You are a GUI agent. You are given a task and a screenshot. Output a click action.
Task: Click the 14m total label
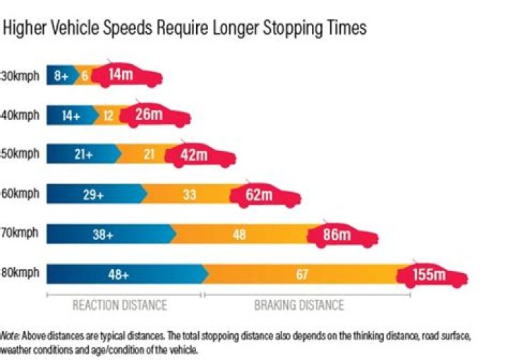click(x=120, y=73)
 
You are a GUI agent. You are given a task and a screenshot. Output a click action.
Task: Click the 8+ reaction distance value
click(x=61, y=74)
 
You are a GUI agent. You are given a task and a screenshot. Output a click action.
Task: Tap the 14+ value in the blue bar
click(x=71, y=114)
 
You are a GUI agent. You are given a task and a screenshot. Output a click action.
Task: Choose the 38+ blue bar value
click(x=102, y=235)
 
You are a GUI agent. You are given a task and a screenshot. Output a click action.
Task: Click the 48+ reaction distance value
click(x=118, y=275)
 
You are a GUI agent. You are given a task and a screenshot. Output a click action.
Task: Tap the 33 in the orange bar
click(x=189, y=195)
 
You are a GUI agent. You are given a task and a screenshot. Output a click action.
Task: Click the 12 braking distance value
click(x=109, y=114)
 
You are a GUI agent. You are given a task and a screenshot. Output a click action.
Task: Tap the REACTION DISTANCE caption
click(x=120, y=305)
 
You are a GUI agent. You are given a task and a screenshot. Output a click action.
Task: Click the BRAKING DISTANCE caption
click(x=299, y=305)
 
